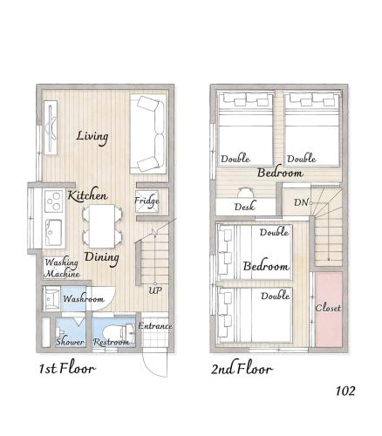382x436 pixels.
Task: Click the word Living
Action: pyautogui.click(x=92, y=136)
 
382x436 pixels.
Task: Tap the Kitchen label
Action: pyautogui.click(x=88, y=195)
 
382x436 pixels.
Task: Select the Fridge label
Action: pyautogui.click(x=147, y=201)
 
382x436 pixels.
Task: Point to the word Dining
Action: pyautogui.click(x=102, y=257)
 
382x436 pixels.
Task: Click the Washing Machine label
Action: pyautogui.click(x=62, y=268)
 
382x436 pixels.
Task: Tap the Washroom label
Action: pyautogui.click(x=84, y=299)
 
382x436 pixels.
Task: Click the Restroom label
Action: pyautogui.click(x=112, y=342)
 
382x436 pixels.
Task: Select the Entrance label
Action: pyautogui.click(x=155, y=326)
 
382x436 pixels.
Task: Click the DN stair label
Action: pyautogui.click(x=301, y=203)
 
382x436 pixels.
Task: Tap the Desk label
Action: pyautogui.click(x=244, y=207)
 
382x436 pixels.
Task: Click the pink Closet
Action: pyautogui.click(x=329, y=308)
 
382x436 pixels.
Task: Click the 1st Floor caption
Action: pyautogui.click(x=66, y=368)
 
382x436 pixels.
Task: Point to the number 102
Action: pyautogui.click(x=345, y=391)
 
